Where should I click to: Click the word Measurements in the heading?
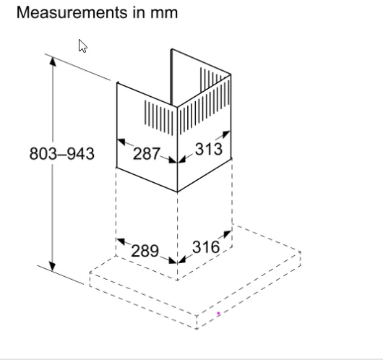pos(72,12)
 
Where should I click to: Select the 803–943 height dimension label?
pos(62,154)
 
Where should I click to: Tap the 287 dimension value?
pos(146,154)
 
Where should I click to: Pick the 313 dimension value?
pos(209,149)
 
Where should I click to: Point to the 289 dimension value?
pos(145,251)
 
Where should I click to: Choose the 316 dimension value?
pos(206,247)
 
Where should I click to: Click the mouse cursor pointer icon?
pos(82,46)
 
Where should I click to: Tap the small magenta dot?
pos(218,313)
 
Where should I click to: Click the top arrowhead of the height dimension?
pos(53,61)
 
